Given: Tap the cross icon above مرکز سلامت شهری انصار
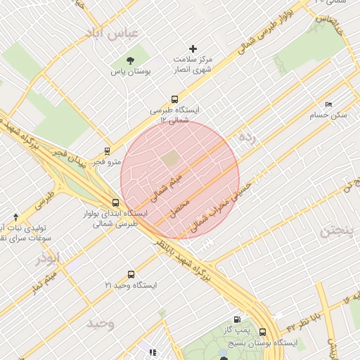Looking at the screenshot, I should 193,49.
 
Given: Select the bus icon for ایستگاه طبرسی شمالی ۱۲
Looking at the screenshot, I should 174,100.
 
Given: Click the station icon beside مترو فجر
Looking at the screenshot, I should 107,150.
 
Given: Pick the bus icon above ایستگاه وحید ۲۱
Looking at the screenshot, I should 131,274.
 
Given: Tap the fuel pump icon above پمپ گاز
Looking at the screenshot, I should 238,319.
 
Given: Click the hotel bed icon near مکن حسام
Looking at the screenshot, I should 328,104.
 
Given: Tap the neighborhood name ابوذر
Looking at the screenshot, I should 48,258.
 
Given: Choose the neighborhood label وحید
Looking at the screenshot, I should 101,323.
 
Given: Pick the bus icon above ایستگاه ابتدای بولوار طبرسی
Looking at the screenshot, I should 115,203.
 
